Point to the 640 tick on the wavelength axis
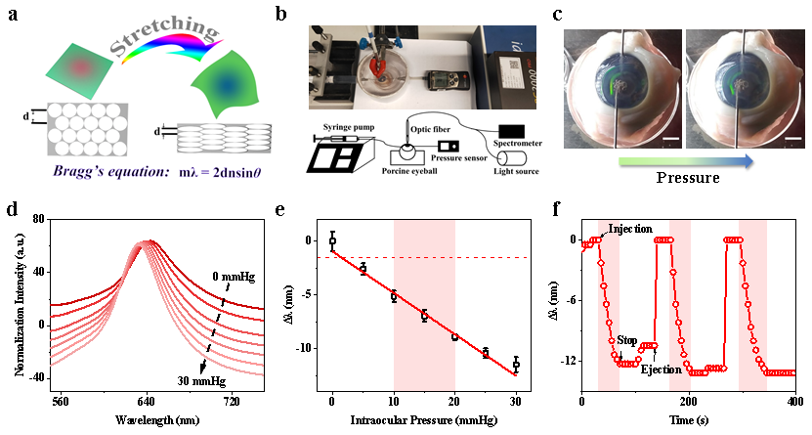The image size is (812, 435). pyautogui.click(x=146, y=401)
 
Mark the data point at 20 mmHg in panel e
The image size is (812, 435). pyautogui.click(x=454, y=336)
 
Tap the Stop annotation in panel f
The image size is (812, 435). pyautogui.click(x=626, y=340)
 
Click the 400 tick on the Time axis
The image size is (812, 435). pyautogui.click(x=794, y=401)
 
